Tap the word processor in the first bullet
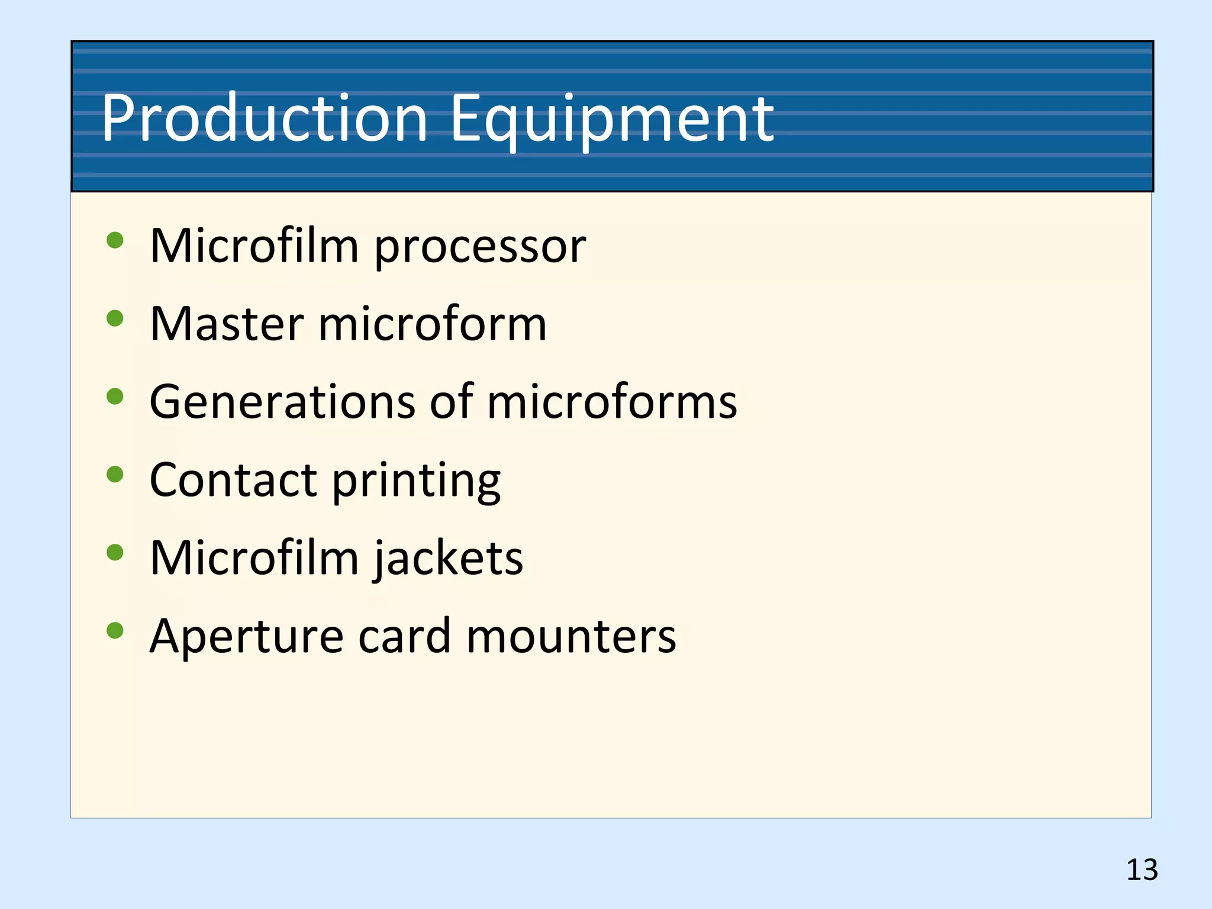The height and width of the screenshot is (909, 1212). (480, 247)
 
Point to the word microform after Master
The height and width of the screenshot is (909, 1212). (433, 324)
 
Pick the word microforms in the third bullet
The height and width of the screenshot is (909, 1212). (612, 402)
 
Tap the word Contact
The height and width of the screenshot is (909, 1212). (233, 480)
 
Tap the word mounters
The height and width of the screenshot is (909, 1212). (571, 637)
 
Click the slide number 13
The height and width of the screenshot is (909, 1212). (1142, 870)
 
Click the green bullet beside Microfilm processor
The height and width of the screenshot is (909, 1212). (115, 240)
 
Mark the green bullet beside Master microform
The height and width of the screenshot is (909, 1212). (115, 318)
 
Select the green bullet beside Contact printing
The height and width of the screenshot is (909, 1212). (115, 474)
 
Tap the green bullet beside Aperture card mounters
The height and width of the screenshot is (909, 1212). (115, 630)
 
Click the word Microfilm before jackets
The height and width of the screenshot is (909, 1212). (254, 558)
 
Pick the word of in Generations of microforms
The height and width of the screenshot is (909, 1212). (452, 402)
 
